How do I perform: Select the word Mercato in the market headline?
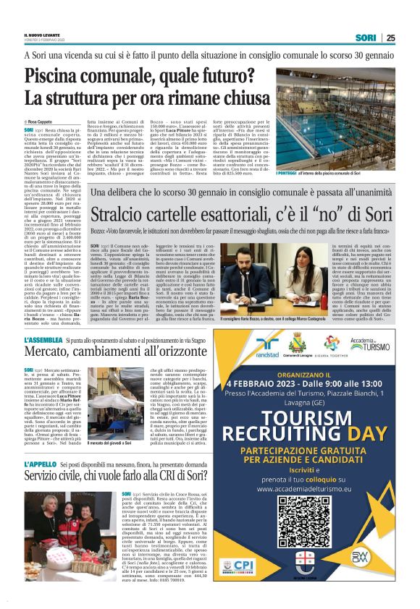pyautogui.click(x=51, y=353)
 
